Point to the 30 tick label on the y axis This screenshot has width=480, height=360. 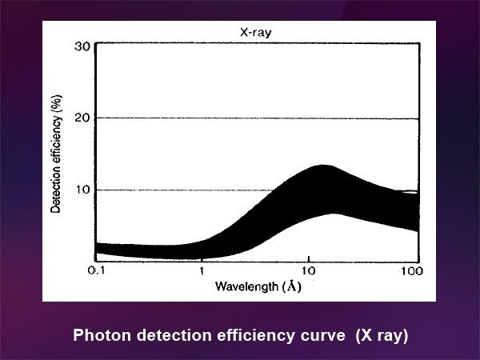[x=82, y=46]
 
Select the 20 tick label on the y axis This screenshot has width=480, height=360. [x=82, y=118]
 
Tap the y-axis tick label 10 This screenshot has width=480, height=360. [x=82, y=190]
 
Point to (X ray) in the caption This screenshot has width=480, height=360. [x=382, y=336]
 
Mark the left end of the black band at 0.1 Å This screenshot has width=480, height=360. [x=98, y=250]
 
